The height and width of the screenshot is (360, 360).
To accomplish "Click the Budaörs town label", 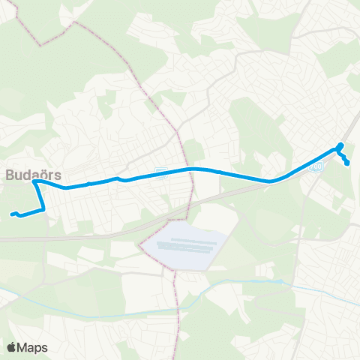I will pyautogui.click(x=34, y=174).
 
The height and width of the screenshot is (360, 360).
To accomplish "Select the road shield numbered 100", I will pyautogui.click(x=317, y=169).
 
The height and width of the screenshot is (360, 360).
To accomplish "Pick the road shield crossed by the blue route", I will pyautogui.click(x=159, y=173).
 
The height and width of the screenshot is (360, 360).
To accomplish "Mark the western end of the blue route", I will pyautogui.click(x=13, y=214).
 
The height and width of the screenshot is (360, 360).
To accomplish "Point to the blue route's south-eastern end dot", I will pyautogui.click(x=347, y=163).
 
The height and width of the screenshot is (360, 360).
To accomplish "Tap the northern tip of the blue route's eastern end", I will pyautogui.click(x=341, y=144).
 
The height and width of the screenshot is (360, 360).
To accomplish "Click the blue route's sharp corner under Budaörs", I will pyautogui.click(x=34, y=181).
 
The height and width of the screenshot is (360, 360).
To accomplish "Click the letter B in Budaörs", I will pyautogui.click(x=10, y=174).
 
